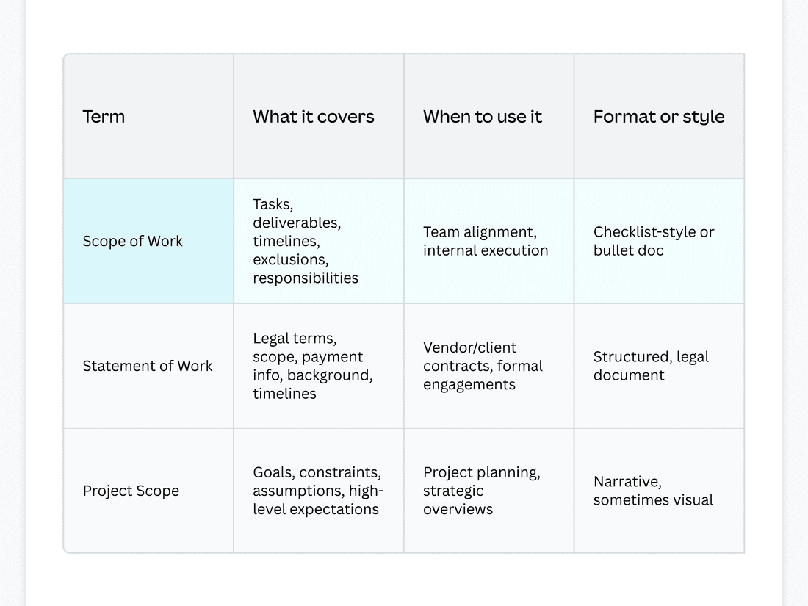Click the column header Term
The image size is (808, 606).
[x=104, y=117]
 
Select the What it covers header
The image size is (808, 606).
[x=314, y=117]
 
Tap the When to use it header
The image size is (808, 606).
[x=483, y=117]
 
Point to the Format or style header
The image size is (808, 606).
[x=659, y=117]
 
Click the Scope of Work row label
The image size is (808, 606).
[x=132, y=241]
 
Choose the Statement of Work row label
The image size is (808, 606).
[x=148, y=366]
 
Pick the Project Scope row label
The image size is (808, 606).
[x=131, y=491]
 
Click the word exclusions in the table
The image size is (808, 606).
[x=291, y=260]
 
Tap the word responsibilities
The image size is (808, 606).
[x=306, y=278]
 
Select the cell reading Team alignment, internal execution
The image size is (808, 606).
[x=486, y=241]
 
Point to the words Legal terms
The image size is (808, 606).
[x=295, y=339]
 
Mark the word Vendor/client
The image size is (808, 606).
[x=469, y=347]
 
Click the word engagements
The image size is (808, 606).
[x=469, y=385]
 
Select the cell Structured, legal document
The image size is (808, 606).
[x=651, y=366]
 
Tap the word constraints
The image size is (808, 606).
[x=340, y=472]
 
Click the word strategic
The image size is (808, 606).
[x=453, y=491]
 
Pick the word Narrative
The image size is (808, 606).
[x=627, y=482]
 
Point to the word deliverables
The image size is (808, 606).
[x=297, y=223]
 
